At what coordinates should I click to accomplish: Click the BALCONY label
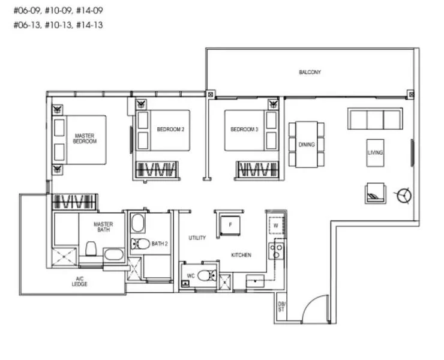310,72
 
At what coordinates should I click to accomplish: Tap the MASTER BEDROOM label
85,139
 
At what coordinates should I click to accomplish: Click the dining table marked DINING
307,144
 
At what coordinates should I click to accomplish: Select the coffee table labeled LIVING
375,152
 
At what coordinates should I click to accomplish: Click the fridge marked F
230,224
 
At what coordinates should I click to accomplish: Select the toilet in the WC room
205,277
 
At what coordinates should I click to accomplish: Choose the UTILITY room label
197,238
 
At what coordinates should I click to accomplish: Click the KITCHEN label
241,255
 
